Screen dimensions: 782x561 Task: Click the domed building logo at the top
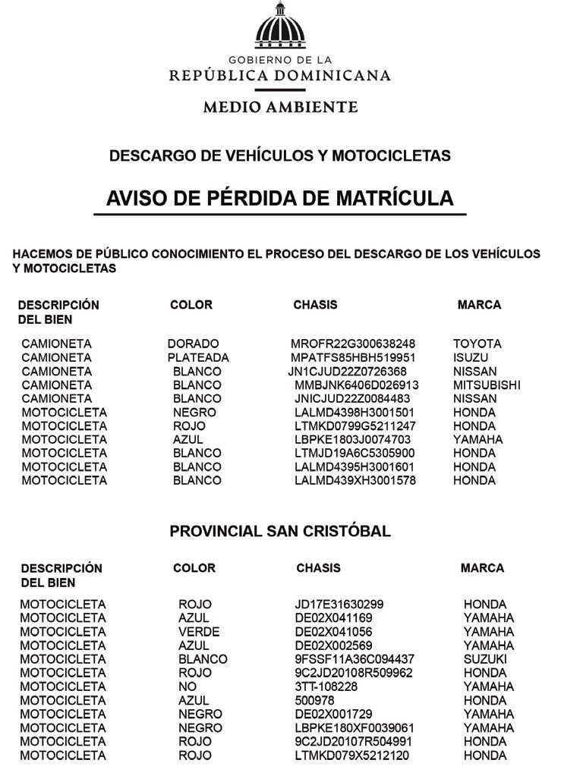pos(280,27)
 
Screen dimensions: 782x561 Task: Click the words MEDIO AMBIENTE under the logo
pos(280,107)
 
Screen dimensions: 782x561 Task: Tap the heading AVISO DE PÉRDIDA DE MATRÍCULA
pos(279,198)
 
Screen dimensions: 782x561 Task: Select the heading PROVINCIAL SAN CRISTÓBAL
pos(280,531)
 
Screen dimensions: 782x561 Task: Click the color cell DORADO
pos(193,344)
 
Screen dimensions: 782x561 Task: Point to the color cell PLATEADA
pos(198,357)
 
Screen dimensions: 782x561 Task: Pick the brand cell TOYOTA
pos(477,344)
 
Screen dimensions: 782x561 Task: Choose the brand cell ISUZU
pos(471,357)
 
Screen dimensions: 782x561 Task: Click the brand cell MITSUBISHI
pos(487,385)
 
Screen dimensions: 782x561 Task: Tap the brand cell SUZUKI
pos(485,659)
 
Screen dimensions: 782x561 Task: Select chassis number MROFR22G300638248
pos(353,344)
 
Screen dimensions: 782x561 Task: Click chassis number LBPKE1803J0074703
pos(353,439)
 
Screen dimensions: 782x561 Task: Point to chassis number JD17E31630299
pos(339,605)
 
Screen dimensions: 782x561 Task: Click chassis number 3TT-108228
pos(326,686)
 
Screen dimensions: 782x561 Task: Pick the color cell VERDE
pos(199,632)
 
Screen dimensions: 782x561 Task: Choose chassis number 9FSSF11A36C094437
pos(355,659)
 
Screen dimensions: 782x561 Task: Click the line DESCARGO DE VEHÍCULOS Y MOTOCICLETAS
pos(280,155)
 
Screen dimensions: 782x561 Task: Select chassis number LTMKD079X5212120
pos(352,755)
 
